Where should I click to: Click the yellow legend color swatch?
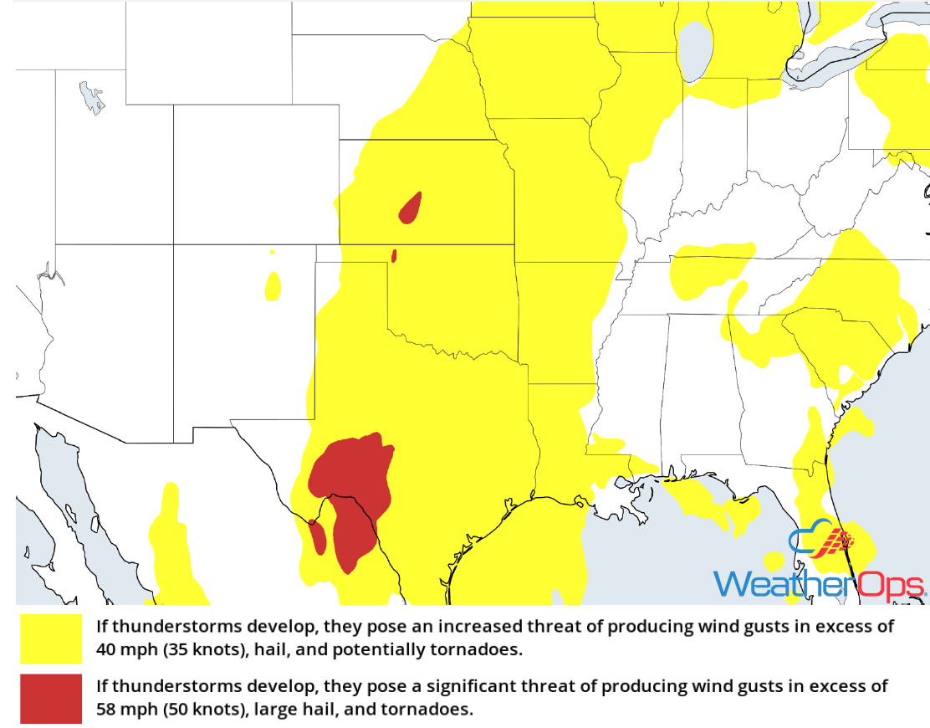(51, 638)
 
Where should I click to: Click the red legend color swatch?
(51, 698)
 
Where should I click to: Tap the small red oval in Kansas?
(410, 208)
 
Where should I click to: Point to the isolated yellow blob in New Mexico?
(273, 286)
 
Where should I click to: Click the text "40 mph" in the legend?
(122, 649)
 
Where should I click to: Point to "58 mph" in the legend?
(122, 710)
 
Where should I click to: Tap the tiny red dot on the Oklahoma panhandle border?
(394, 255)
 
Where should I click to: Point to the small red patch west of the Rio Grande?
(318, 536)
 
